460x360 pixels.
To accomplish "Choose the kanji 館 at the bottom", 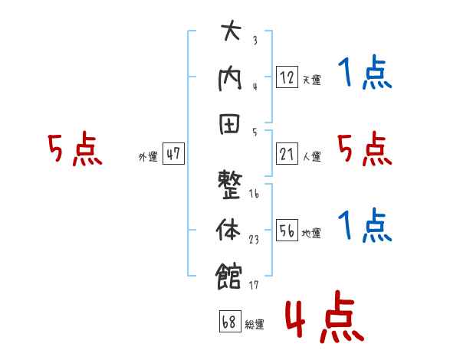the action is point(231,274).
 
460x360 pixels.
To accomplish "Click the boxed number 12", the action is point(287,77).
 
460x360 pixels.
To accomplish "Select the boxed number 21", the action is point(287,153).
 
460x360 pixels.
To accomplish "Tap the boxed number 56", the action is point(287,230).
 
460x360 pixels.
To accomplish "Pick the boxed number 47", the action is point(173,153).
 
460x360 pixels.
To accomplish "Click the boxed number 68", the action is point(229,322).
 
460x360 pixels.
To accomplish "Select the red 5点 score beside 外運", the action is point(74,149).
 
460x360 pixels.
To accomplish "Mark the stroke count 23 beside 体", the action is point(255,240).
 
